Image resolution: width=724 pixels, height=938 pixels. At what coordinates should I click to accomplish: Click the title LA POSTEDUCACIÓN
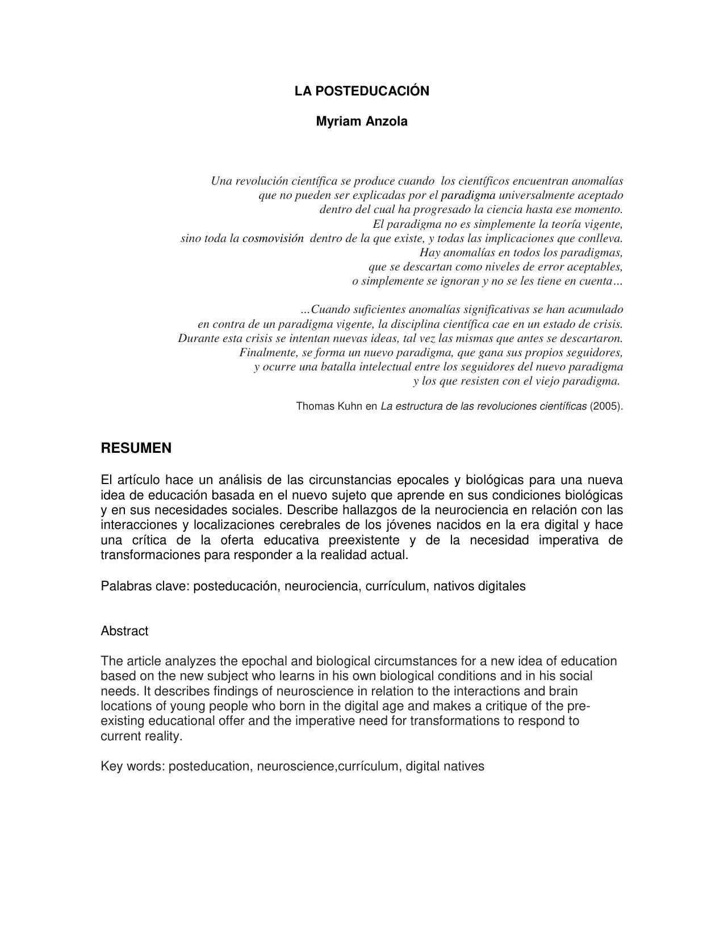[x=362, y=91]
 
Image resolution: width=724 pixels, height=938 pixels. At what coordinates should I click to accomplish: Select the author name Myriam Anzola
[x=362, y=121]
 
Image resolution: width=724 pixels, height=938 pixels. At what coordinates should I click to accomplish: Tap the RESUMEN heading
[x=136, y=448]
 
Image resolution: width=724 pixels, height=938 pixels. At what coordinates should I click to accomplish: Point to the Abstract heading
[x=124, y=631]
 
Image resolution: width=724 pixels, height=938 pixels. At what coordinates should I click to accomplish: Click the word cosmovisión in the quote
[x=273, y=239]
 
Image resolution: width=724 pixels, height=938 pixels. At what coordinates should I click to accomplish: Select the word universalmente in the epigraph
[x=533, y=195]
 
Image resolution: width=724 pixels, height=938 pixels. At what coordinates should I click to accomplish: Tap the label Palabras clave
[x=144, y=586]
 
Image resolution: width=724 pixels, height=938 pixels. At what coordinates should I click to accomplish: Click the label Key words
[x=132, y=766]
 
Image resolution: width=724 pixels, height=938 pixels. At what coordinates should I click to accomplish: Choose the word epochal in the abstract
[x=262, y=661]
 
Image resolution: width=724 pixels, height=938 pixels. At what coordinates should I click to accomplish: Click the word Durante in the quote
[x=198, y=338]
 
